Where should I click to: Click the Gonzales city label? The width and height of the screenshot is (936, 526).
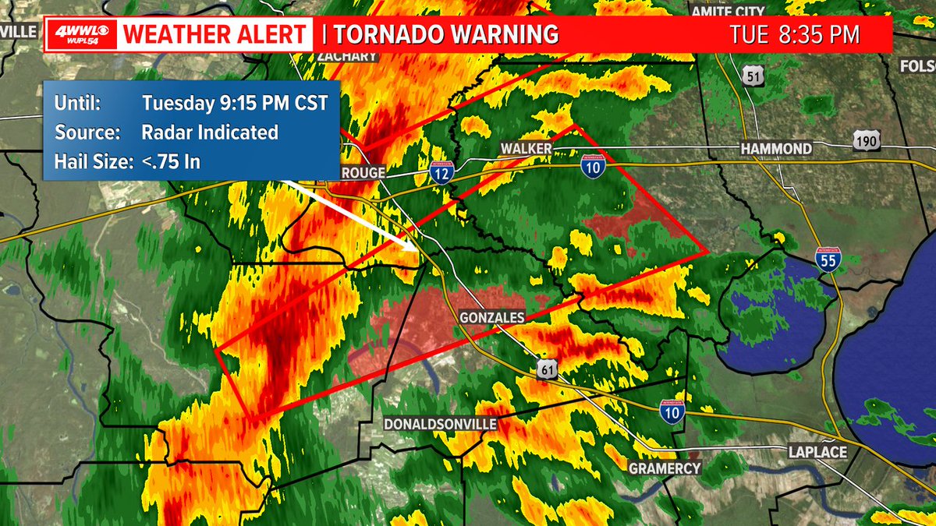(491, 317)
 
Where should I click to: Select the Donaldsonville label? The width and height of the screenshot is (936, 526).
(441, 425)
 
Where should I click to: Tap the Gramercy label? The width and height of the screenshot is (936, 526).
(665, 468)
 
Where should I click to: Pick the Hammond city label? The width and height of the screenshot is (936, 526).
(776, 148)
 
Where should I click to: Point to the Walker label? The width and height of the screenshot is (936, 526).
(526, 148)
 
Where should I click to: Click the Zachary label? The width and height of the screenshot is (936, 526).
(347, 56)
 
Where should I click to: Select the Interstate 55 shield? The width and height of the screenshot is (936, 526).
(828, 259)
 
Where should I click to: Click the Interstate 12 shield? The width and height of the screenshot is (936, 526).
(441, 173)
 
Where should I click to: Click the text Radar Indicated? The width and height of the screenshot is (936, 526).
(210, 132)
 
